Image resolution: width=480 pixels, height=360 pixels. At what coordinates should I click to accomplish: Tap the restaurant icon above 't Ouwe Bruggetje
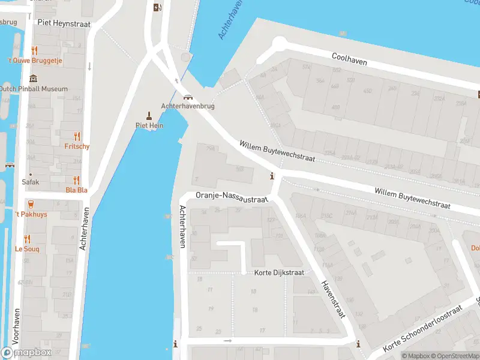coord(35,51)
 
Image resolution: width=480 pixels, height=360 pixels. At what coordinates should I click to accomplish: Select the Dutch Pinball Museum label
coord(33,89)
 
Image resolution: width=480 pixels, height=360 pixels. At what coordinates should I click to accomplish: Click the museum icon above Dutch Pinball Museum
coord(33,79)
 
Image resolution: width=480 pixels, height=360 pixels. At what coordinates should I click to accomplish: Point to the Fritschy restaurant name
coord(77,146)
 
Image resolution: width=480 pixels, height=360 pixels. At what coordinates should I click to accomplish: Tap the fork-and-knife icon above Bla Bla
coord(77,180)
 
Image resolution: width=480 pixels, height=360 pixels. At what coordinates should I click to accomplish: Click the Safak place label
coord(31,182)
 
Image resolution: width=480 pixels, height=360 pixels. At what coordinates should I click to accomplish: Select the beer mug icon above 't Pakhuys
coord(31,204)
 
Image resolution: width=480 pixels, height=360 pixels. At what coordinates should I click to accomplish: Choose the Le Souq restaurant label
coord(27,248)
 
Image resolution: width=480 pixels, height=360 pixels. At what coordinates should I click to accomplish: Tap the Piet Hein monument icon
coord(149,115)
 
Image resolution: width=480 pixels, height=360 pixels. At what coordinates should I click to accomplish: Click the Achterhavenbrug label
coord(188,106)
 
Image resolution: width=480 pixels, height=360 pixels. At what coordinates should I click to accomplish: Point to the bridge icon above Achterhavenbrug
coord(188,97)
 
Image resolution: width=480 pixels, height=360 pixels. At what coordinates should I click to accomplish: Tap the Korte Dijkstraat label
coord(279,272)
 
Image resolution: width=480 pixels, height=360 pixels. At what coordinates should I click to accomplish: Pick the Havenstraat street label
coord(331,300)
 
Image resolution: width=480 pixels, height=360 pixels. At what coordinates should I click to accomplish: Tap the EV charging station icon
coord(157,7)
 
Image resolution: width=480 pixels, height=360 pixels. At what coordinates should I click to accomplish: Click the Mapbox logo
coord(26,353)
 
